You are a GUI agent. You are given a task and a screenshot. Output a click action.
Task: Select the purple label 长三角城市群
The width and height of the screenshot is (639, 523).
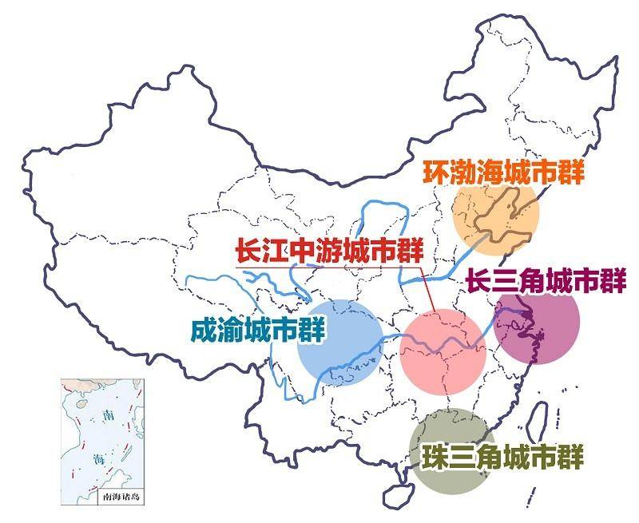[x=545, y=281]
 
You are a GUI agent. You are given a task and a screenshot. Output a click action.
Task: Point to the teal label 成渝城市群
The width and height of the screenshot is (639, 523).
[x=259, y=330]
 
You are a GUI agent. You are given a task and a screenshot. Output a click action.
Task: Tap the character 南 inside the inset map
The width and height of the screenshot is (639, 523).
[x=109, y=415]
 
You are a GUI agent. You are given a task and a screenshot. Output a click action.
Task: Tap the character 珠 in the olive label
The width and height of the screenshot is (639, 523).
[x=437, y=458]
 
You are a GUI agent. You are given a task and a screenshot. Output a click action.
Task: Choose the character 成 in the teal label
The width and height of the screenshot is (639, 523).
[x=205, y=331]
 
